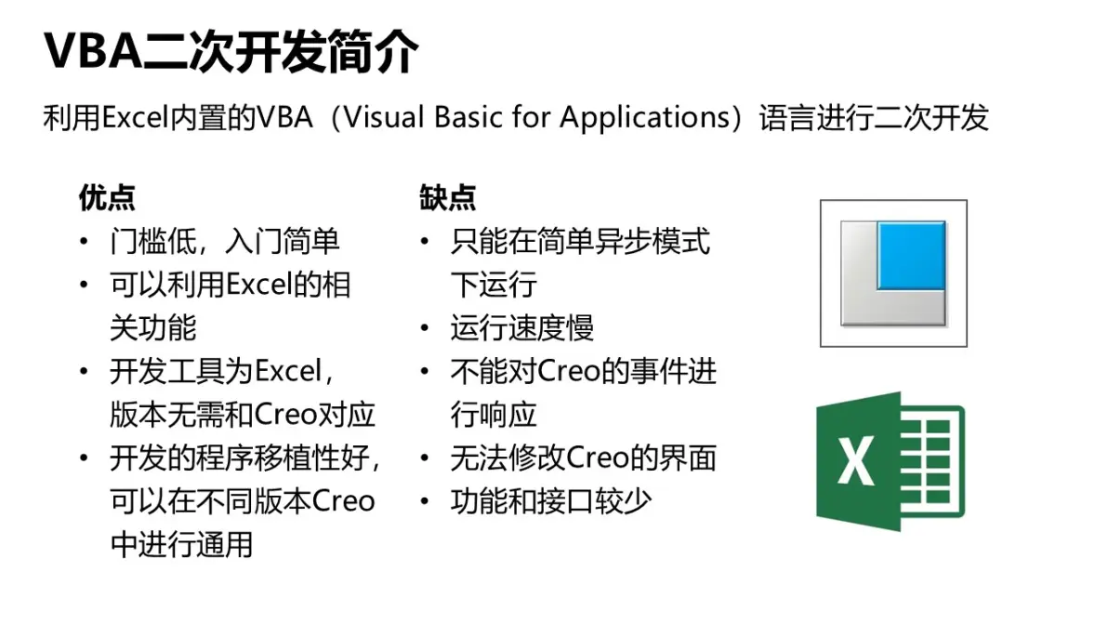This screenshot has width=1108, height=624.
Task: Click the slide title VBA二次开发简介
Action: tap(231, 51)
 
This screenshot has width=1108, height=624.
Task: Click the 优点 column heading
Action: tap(107, 197)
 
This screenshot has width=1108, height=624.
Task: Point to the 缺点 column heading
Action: tap(447, 197)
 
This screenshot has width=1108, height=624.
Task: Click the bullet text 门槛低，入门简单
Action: tap(225, 242)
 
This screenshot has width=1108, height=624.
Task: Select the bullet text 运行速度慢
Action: tap(522, 328)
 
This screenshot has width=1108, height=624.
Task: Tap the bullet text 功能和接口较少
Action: tap(551, 501)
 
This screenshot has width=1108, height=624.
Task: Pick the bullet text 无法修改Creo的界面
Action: tap(584, 458)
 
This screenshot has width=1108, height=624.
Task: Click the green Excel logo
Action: tap(890, 460)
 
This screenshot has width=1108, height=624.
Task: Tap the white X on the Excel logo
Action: tap(855, 460)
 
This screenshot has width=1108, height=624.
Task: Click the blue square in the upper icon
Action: tap(912, 255)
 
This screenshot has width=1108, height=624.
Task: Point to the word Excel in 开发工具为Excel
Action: tap(287, 372)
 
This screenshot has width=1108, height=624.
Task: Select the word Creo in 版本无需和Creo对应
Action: tap(284, 415)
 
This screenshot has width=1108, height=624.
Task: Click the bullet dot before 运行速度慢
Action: tap(425, 328)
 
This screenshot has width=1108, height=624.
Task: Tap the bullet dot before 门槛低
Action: tap(84, 242)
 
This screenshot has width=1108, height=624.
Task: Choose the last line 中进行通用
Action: tap(181, 545)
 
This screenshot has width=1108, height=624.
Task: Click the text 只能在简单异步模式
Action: tap(580, 242)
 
